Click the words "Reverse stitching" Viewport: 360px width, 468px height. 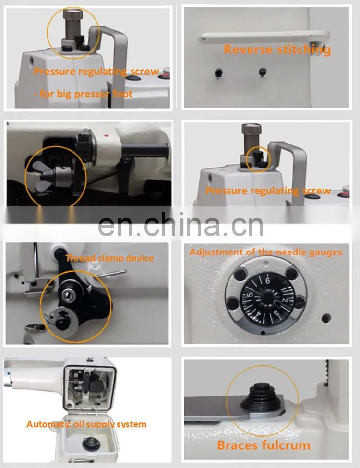click(277, 49)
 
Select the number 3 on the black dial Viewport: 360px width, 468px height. click(276, 313)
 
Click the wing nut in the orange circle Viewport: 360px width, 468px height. click(42, 176)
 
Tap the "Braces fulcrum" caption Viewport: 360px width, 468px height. click(264, 445)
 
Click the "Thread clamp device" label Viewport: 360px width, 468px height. click(109, 258)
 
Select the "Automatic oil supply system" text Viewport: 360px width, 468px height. click(86, 424)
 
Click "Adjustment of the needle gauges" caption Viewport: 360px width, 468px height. click(265, 252)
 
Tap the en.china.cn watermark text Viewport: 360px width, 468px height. click(180, 224)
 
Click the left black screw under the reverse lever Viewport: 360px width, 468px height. click(218, 72)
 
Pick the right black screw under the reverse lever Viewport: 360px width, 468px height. click(263, 72)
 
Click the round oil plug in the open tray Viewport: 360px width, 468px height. click(91, 444)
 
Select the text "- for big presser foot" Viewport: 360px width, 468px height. click(83, 94)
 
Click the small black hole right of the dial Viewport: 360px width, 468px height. click(326, 318)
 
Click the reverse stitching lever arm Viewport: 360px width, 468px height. click(264, 37)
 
